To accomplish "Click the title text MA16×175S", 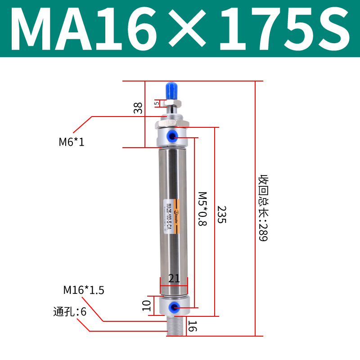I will coord(180,29).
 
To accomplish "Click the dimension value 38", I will coord(138,108).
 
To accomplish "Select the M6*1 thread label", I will coord(72,142).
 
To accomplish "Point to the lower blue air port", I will coord(173,307).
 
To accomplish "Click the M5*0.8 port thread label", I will coord(202,209).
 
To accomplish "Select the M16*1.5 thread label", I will coord(84,290).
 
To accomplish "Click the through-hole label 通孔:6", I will coord(69,311).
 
